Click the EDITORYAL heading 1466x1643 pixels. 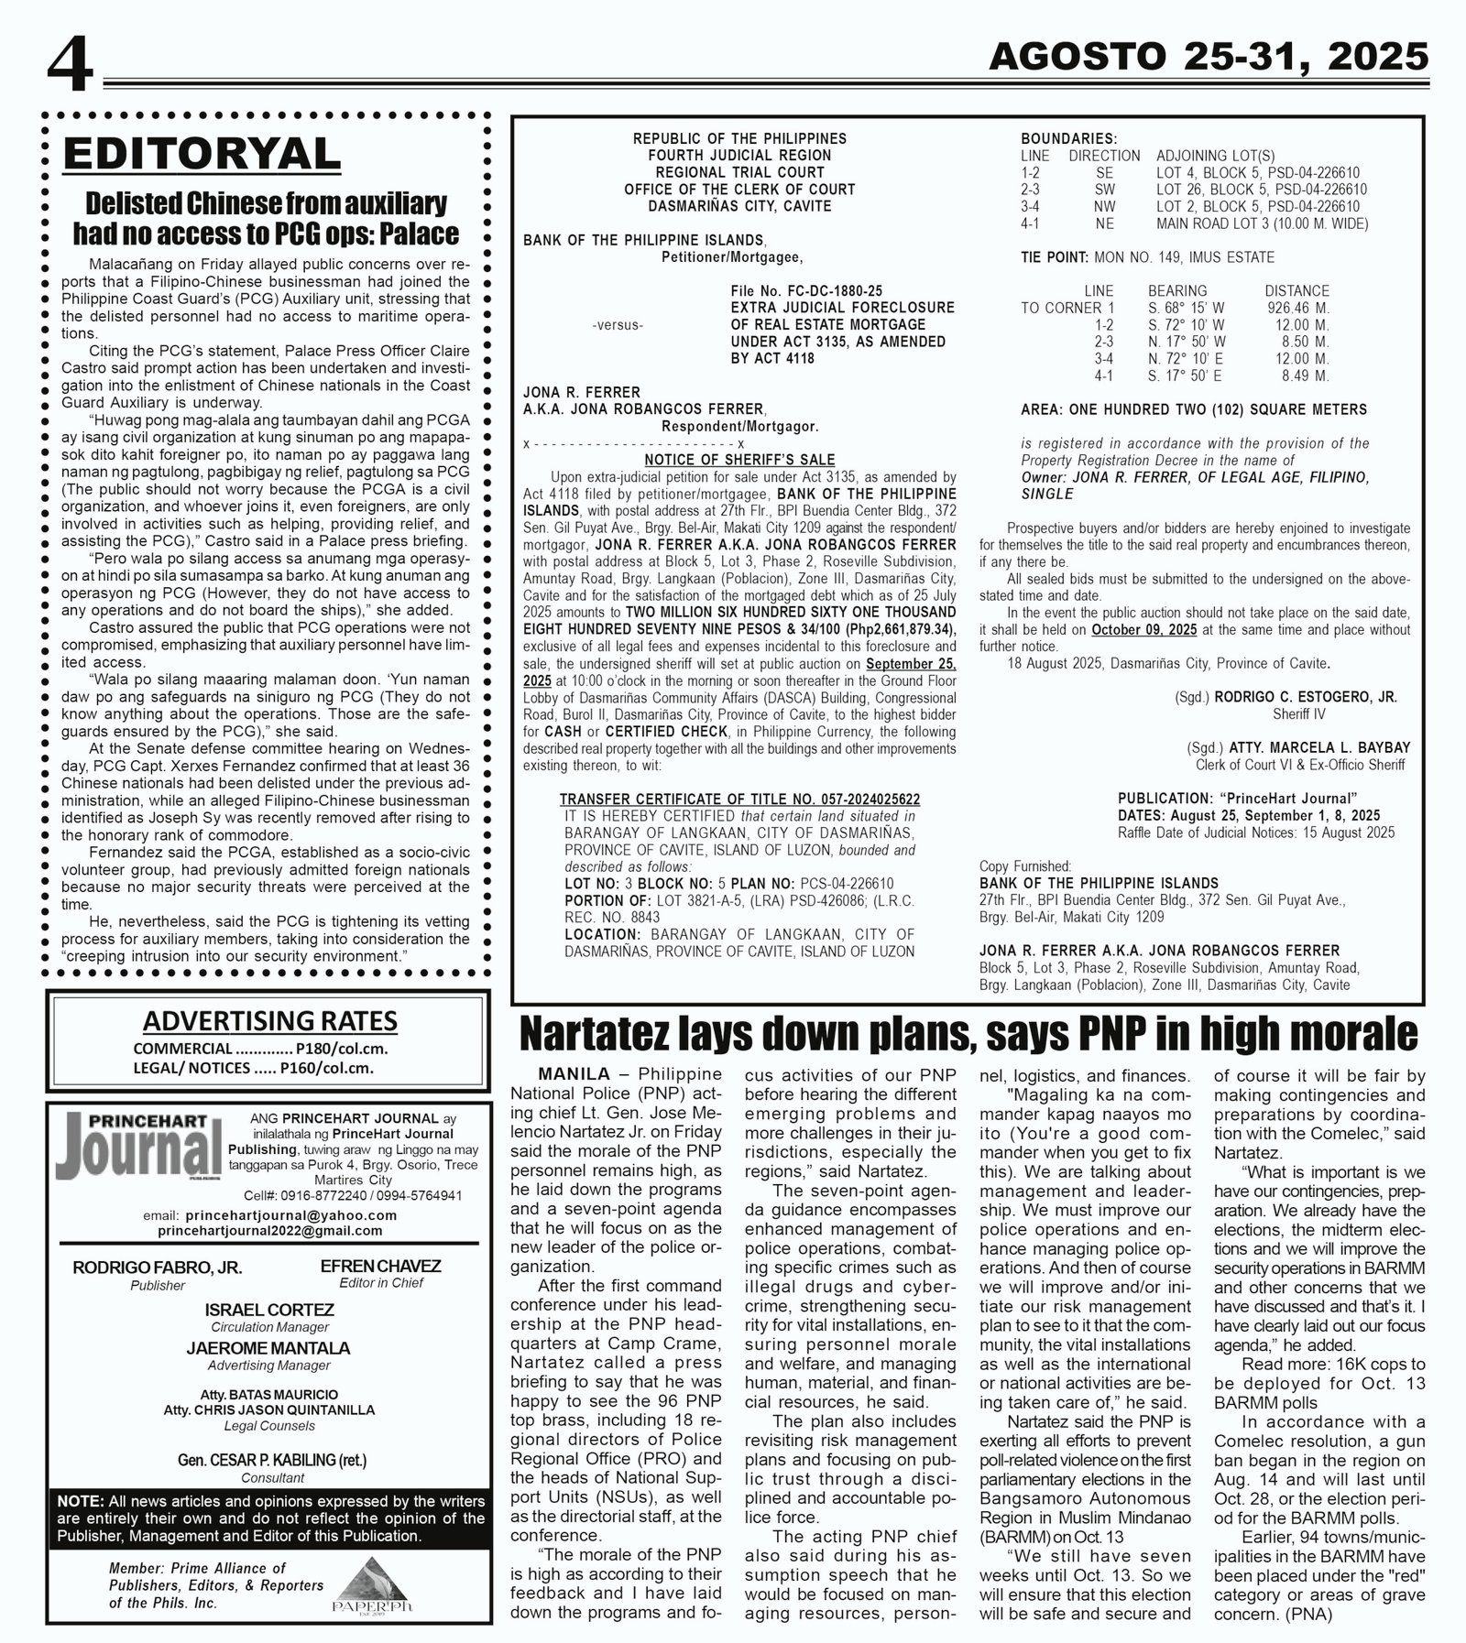pyautogui.click(x=201, y=153)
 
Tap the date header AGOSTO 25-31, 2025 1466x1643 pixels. pyautogui.click(x=1209, y=58)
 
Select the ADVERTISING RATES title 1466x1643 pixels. pyautogui.click(x=269, y=1020)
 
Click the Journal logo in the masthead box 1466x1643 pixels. pyautogui.click(x=142, y=1146)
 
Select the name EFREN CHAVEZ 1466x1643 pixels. pyautogui.click(x=380, y=1266)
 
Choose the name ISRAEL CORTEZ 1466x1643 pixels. pyautogui.click(x=268, y=1310)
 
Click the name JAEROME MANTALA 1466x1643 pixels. pyautogui.click(x=268, y=1348)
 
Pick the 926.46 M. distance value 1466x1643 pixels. pyautogui.click(x=1297, y=308)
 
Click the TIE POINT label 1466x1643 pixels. pyautogui.click(x=1054, y=257)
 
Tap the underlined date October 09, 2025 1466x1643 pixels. pyautogui.click(x=1144, y=630)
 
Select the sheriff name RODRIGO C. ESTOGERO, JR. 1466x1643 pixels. pyautogui.click(x=1306, y=697)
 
